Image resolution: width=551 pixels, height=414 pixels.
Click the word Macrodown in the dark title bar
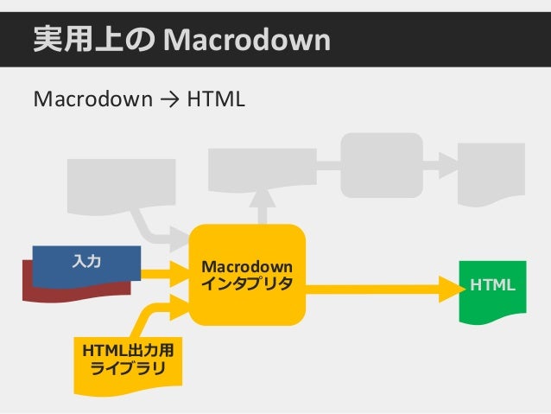click(x=246, y=38)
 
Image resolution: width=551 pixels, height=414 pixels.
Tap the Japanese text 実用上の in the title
click(x=94, y=38)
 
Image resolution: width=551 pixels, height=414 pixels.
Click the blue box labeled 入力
click(x=86, y=263)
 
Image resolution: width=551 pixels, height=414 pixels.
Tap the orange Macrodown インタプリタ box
click(x=247, y=274)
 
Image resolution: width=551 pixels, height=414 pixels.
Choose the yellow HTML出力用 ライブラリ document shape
click(x=125, y=361)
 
